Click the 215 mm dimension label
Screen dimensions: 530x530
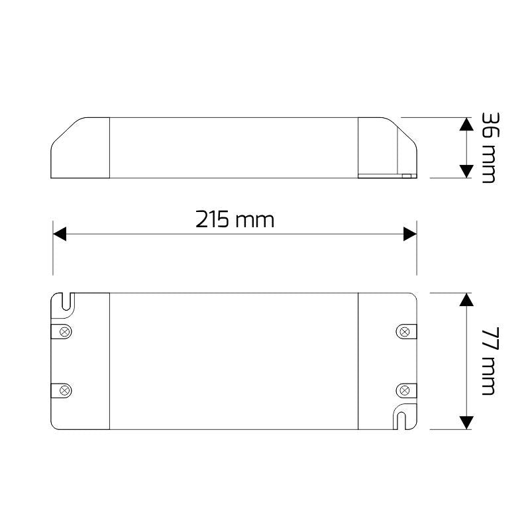click(x=235, y=219)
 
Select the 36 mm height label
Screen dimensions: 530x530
click(x=489, y=148)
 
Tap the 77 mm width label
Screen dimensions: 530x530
click(x=489, y=361)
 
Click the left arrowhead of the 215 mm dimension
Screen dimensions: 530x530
click(x=60, y=234)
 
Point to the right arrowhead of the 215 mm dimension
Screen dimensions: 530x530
click(x=409, y=234)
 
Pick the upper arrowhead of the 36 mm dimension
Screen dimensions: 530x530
click(x=466, y=125)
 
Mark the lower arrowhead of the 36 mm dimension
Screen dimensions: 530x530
click(x=466, y=170)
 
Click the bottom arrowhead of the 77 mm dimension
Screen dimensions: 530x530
click(x=466, y=421)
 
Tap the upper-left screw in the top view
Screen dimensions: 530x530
click(x=65, y=331)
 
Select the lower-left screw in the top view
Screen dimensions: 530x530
click(x=65, y=390)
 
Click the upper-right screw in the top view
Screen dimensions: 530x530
click(x=403, y=331)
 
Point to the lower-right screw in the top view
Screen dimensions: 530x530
click(x=403, y=390)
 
